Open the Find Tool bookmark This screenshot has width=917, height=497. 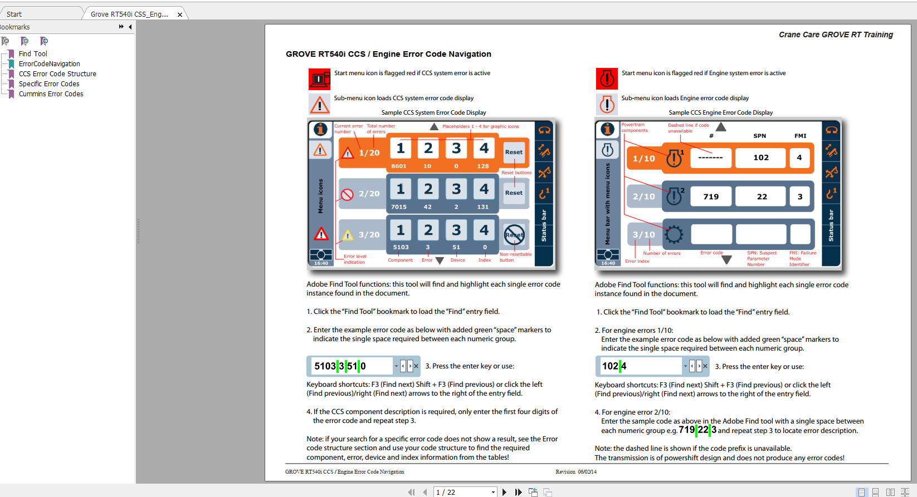click(33, 54)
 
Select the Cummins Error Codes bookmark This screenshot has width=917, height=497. click(51, 94)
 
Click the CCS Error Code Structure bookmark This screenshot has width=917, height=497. click(57, 74)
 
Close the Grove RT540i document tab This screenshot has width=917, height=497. click(180, 14)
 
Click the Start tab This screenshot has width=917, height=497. click(14, 14)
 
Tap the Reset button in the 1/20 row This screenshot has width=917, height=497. click(514, 152)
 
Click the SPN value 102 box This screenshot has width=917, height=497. click(760, 158)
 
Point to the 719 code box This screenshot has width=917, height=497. click(711, 196)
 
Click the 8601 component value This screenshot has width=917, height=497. click(399, 166)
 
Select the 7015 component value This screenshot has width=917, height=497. click(399, 207)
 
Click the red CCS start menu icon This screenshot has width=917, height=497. click(319, 79)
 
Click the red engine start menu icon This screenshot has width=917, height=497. click(607, 79)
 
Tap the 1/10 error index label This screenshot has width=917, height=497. click(644, 159)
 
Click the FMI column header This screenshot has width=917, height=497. click(800, 136)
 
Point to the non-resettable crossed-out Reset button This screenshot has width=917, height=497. click(514, 235)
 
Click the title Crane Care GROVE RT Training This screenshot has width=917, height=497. click(836, 35)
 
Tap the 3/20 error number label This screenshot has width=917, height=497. click(369, 235)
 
